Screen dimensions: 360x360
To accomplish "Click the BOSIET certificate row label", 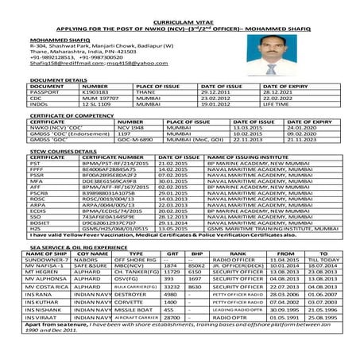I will pos(41,223).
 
